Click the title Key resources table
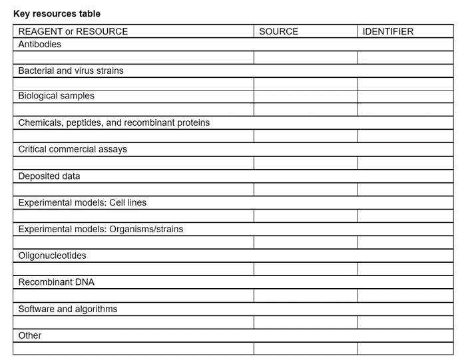[57, 13]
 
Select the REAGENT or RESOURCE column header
[73, 31]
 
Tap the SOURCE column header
[278, 31]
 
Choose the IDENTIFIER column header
[387, 31]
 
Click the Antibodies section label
[39, 44]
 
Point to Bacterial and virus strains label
[71, 71]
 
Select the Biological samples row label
[56, 96]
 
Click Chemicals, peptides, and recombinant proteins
[114, 122]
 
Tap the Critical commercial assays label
[73, 149]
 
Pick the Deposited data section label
[49, 176]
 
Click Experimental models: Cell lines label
[82, 202]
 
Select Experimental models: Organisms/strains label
[101, 229]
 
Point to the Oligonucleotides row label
[52, 256]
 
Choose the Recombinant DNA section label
[56, 282]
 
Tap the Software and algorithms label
[67, 309]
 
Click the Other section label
[29, 335]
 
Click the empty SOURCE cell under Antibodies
[305, 57]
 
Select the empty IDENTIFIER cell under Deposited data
[405, 190]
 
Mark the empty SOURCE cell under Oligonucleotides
[305, 269]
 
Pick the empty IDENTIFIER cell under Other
[405, 348]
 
